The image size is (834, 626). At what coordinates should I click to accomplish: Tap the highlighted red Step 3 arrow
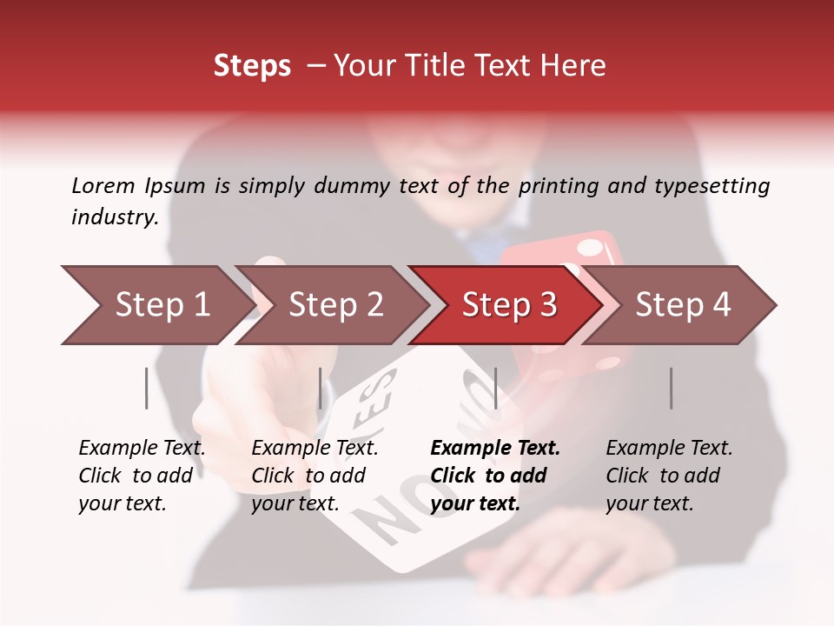[509, 305]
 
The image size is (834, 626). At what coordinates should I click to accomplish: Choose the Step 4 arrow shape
[683, 305]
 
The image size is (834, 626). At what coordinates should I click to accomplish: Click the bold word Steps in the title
[252, 65]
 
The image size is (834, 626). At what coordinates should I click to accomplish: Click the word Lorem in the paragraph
[103, 185]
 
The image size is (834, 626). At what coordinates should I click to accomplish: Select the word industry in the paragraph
[114, 217]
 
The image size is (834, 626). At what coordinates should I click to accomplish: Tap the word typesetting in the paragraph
[712, 186]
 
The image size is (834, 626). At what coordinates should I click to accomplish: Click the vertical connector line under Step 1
[147, 388]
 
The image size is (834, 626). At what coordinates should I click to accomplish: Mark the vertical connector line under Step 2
[321, 388]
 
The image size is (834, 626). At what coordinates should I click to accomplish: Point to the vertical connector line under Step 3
[495, 388]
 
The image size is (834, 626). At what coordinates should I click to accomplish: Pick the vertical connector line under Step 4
[671, 388]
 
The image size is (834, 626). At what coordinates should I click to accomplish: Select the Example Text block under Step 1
[142, 476]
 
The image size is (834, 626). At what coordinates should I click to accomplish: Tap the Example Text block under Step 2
[314, 476]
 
